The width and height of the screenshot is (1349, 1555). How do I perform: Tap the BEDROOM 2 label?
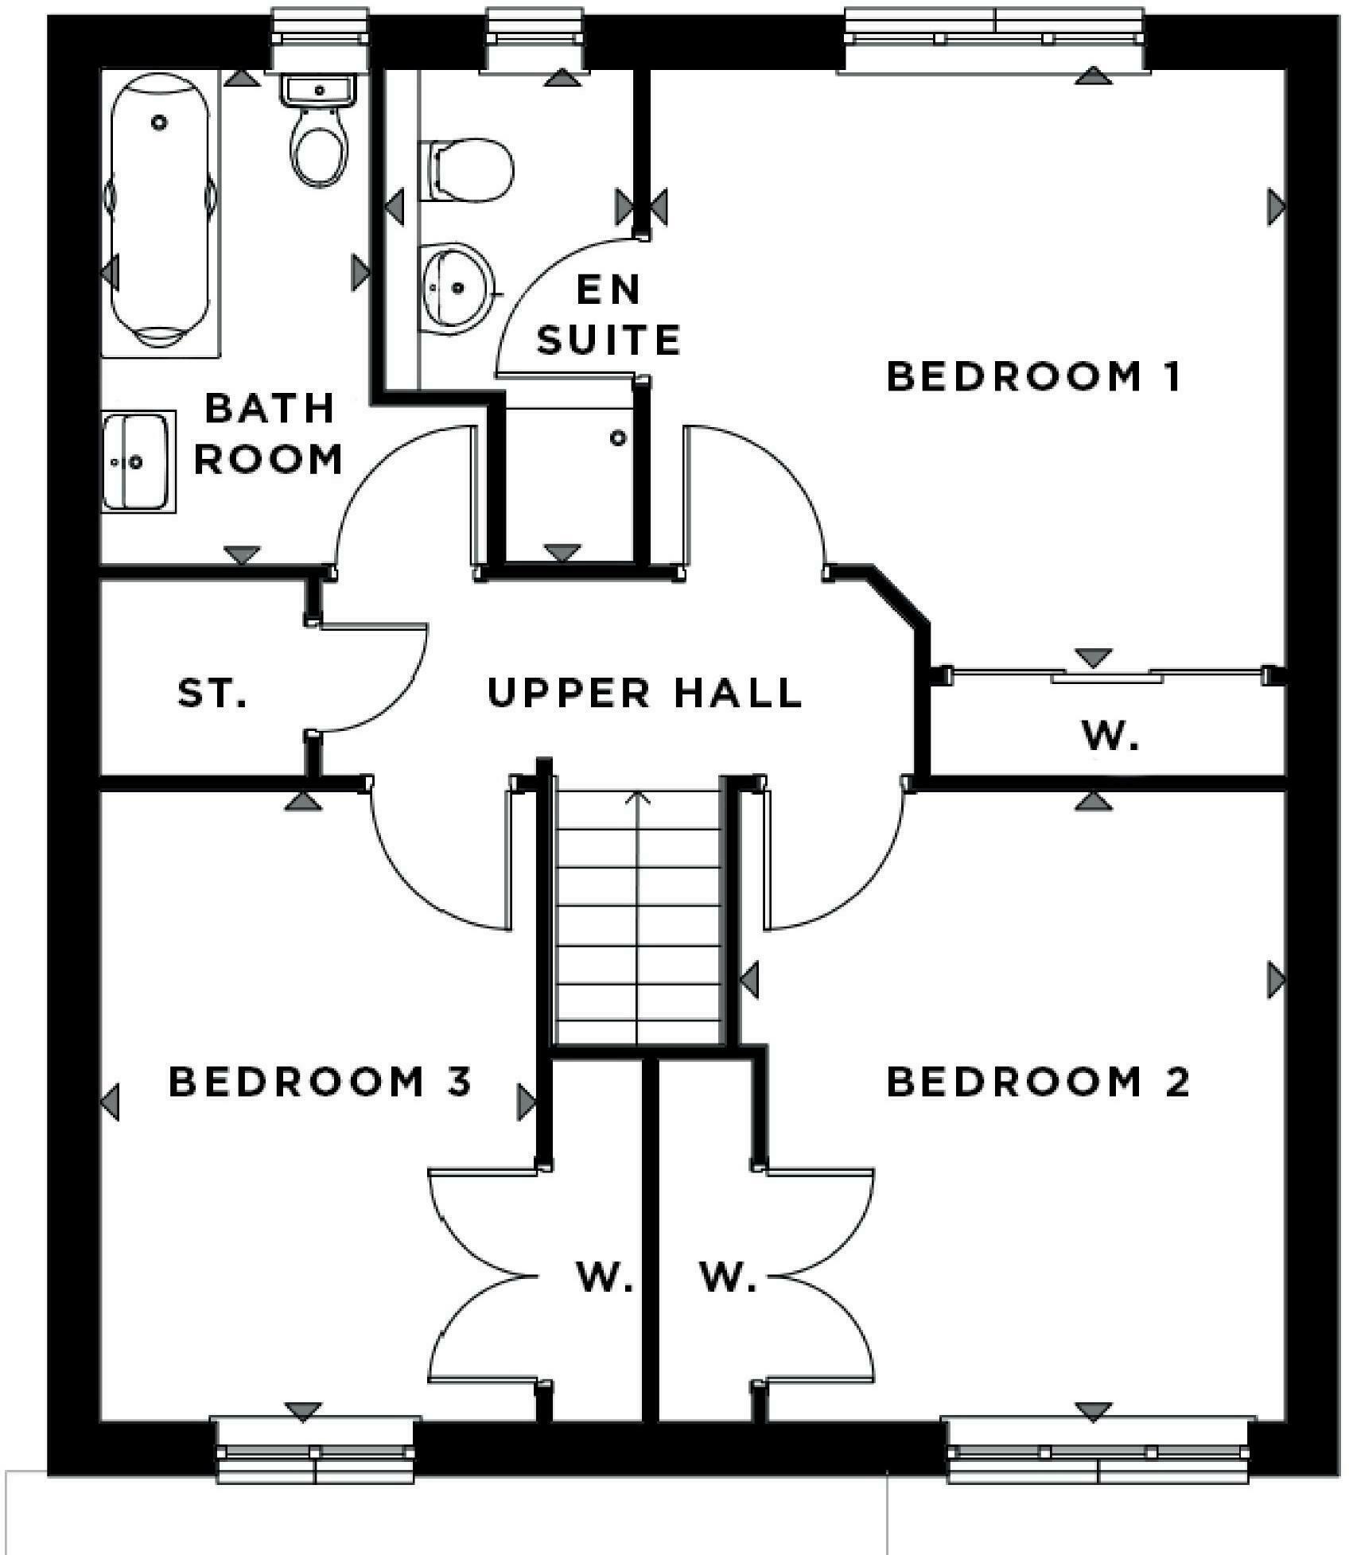tap(1038, 1082)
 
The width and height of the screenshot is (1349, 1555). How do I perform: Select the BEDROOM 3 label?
tap(321, 1082)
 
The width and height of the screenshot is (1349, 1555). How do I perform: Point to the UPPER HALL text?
tap(644, 693)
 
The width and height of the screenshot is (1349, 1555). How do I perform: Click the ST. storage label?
tap(212, 693)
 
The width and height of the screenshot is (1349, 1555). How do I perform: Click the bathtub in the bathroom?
tap(160, 211)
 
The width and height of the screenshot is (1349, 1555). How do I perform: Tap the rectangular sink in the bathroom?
tap(137, 461)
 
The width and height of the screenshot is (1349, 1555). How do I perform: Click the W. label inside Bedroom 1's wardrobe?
tap(1110, 737)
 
